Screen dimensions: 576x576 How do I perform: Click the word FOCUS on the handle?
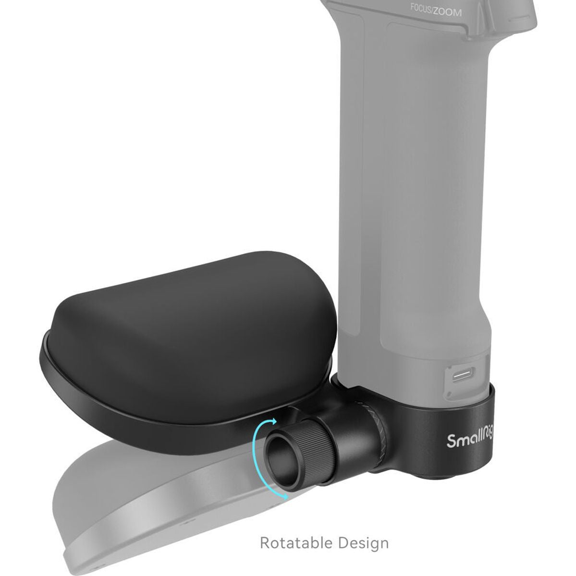(421, 8)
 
